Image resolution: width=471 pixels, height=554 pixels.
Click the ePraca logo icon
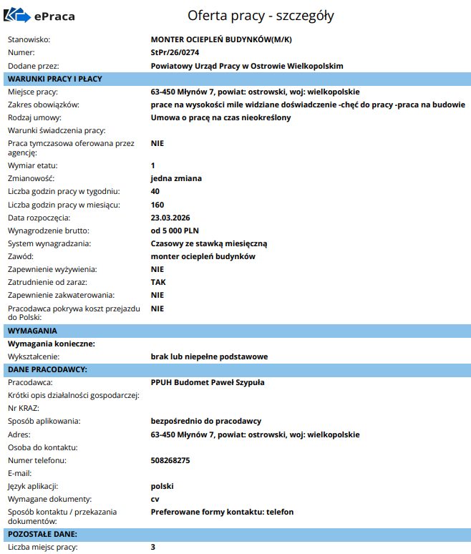(x=17, y=16)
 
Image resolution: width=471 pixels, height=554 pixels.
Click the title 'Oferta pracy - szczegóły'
(x=260, y=15)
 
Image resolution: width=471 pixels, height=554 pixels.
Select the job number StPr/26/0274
(x=176, y=52)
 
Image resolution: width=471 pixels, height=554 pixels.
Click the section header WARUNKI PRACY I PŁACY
(x=55, y=79)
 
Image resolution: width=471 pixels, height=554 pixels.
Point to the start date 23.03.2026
(x=170, y=217)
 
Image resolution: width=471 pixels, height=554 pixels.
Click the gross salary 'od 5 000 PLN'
(x=175, y=230)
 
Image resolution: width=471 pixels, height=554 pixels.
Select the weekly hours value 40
(x=155, y=191)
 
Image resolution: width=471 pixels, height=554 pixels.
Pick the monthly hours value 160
(x=157, y=204)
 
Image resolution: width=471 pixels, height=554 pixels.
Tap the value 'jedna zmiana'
(x=176, y=178)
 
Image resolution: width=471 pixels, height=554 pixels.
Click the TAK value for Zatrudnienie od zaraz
(x=158, y=282)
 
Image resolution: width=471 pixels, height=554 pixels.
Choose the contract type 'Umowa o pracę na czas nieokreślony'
(x=221, y=117)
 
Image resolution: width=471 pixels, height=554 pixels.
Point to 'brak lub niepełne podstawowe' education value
(x=208, y=356)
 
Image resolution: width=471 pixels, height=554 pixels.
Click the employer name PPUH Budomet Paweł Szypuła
(x=208, y=382)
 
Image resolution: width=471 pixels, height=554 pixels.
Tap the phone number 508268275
(x=170, y=460)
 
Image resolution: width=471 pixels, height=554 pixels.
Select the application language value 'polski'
(x=162, y=486)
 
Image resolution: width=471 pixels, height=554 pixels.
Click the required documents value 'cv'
(x=155, y=499)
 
